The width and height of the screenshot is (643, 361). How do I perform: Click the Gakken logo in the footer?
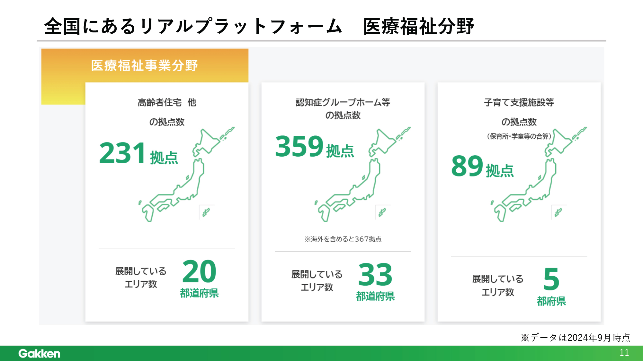[39, 353]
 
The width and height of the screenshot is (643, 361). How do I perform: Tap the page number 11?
[624, 353]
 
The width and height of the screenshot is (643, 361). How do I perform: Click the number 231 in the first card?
[122, 153]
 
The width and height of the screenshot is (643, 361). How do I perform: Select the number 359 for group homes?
[299, 146]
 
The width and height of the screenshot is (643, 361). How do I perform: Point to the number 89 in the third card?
[467, 166]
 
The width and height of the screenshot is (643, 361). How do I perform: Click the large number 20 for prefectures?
[199, 271]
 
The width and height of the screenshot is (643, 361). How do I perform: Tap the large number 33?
[375, 275]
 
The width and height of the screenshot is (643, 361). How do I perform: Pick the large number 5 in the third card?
[551, 279]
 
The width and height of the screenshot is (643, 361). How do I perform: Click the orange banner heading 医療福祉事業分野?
[144, 65]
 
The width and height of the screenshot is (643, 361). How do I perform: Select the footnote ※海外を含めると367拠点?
[343, 239]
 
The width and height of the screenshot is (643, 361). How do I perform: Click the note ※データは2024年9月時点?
[575, 338]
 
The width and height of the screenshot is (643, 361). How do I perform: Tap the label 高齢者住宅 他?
[167, 102]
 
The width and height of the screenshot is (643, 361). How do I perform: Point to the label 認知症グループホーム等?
[343, 102]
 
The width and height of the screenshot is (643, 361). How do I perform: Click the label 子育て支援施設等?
[519, 102]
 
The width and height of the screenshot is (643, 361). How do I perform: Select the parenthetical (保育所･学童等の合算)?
[519, 136]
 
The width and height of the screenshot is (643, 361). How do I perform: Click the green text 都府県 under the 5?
[551, 301]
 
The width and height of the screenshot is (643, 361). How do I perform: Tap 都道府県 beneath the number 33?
[375, 296]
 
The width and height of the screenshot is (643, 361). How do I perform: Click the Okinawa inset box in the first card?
[207, 212]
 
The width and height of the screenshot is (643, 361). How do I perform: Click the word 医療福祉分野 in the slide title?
[418, 26]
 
